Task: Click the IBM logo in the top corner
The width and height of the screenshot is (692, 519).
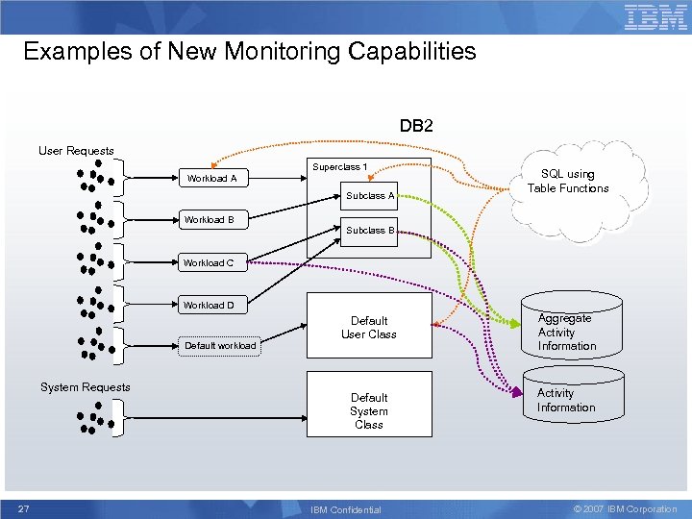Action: coord(655,17)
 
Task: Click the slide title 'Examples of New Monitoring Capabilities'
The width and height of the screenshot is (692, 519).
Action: coord(250,51)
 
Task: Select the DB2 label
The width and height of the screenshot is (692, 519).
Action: coord(417,126)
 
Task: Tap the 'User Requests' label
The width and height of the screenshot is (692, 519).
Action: coord(76,151)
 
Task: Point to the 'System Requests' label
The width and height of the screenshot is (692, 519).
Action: coord(85,387)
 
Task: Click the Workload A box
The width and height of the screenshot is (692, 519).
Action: coord(211,179)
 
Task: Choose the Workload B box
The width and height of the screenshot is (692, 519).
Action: coord(210,220)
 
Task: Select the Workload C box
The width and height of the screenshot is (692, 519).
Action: coord(209,262)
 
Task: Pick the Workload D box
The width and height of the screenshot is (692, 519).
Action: coord(209,305)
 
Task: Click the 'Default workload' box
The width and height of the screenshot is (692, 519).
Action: coord(220,345)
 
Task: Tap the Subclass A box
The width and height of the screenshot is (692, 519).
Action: coord(371,196)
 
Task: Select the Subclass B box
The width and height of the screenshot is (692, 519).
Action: coord(371,231)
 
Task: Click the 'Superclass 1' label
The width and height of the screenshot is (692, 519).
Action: coord(339,167)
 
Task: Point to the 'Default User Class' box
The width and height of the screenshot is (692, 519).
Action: coord(369,328)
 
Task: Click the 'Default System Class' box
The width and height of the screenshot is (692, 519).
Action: coord(369,410)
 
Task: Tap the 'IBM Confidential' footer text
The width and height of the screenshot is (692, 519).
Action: coord(346,509)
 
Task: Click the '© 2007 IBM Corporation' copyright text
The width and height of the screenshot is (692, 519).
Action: coord(625,509)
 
